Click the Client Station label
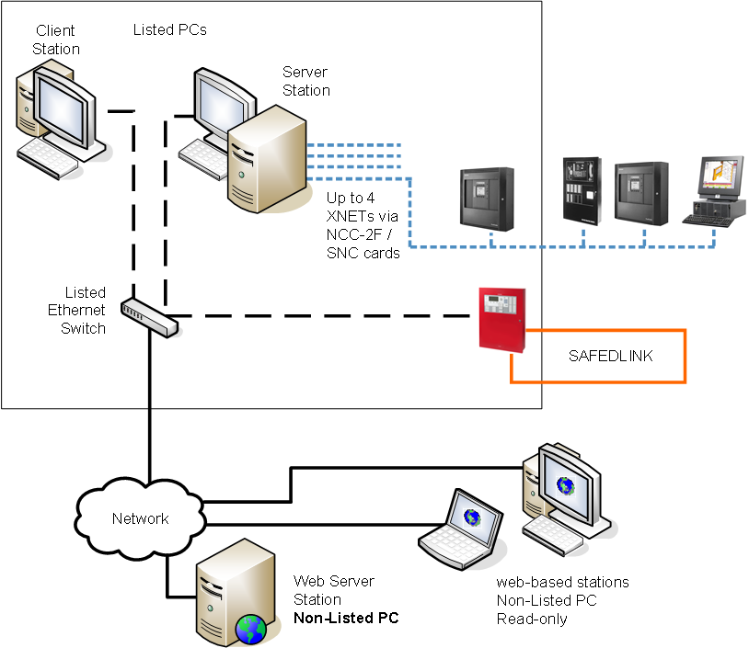56,40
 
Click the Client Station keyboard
60,153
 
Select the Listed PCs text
170,30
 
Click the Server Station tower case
267,161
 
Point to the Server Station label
306,81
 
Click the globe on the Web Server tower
250,630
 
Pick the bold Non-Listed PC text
346,618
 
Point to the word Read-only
532,619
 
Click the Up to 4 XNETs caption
363,226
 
